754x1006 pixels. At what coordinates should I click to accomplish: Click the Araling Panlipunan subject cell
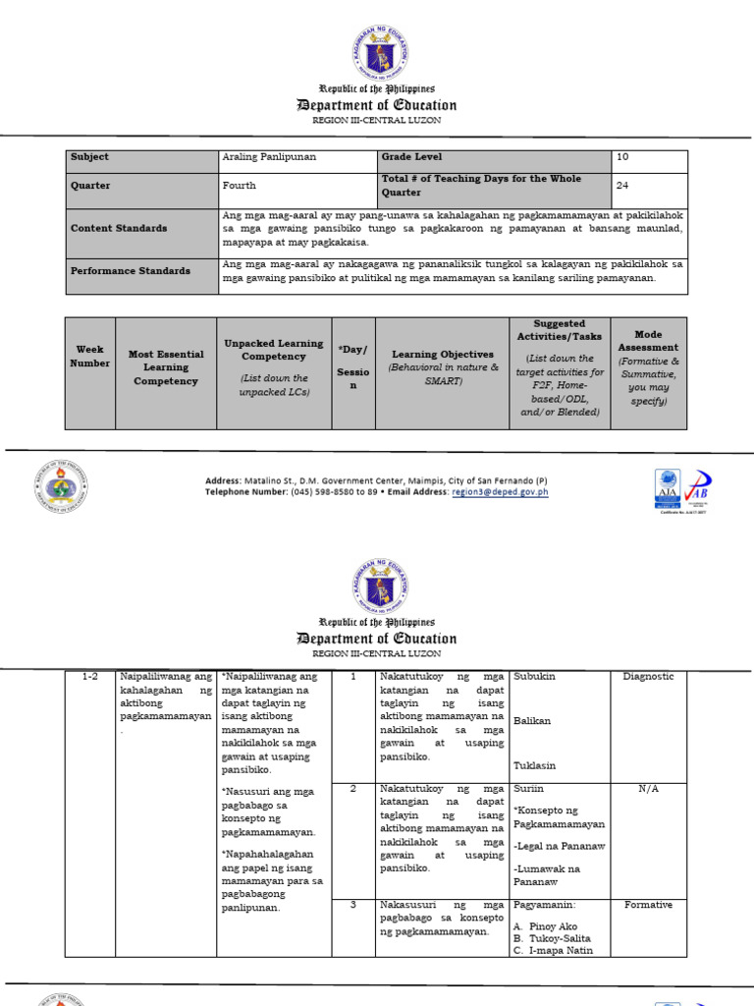[x=269, y=157]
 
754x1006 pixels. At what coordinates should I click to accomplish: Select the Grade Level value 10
[x=623, y=157]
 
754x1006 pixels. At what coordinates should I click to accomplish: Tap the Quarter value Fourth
[x=239, y=185]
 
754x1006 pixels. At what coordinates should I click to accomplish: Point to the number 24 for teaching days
[x=623, y=185]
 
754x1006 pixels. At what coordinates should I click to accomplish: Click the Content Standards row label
[x=119, y=228]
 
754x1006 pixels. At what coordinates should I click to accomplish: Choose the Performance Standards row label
[x=131, y=271]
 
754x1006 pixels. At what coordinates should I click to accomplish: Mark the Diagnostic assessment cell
[x=648, y=677]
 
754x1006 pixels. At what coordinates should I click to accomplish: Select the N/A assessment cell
[x=648, y=789]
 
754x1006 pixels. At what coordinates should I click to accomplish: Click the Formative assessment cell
[x=648, y=906]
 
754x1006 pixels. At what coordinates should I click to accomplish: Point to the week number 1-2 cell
[x=90, y=677]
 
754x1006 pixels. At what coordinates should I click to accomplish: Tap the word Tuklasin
[x=532, y=765]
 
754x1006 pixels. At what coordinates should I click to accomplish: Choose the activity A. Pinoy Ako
[x=545, y=926]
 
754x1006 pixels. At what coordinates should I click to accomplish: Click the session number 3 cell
[x=351, y=906]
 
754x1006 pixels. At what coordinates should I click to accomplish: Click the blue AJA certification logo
[x=667, y=488]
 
